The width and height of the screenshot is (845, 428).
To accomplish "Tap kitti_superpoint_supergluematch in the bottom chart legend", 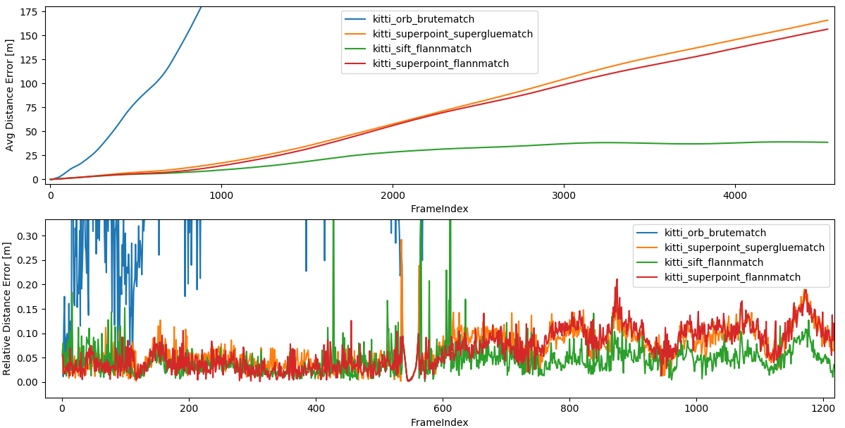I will tap(744, 247).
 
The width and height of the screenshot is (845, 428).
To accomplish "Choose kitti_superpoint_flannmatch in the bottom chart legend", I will tap(732, 277).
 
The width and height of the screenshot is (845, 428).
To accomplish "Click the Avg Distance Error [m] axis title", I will tap(10, 95).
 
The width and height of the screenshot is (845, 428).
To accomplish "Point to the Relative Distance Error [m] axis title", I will tap(7, 309).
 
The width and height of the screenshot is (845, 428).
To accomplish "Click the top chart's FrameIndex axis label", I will tap(439, 209).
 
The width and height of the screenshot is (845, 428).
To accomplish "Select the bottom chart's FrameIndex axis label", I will tap(439, 422).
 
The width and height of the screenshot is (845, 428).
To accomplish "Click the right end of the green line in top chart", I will tap(828, 142).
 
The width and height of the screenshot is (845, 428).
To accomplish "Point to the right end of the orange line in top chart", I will tap(828, 20).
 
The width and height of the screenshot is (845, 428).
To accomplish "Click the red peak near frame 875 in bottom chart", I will tap(617, 280).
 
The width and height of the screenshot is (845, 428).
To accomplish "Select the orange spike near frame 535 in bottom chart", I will tap(402, 241).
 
